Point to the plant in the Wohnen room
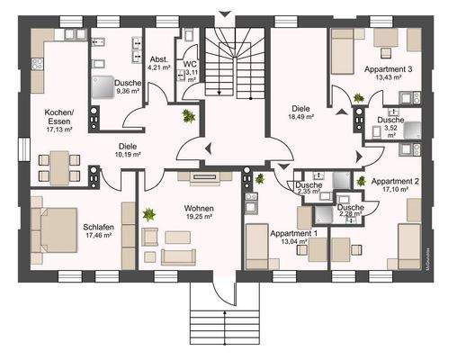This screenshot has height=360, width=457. pyautogui.click(x=148, y=215)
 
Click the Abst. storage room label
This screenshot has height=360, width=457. pyautogui.click(x=159, y=57)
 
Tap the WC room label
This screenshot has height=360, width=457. pyautogui.click(x=190, y=65)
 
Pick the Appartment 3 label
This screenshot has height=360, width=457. pyautogui.click(x=389, y=68)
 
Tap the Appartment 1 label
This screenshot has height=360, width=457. pyautogui.click(x=293, y=233)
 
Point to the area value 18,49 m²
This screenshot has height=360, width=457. pyautogui.click(x=300, y=117)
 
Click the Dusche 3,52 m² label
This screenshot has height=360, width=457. pyautogui.click(x=390, y=121)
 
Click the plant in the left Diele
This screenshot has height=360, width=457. pyautogui.click(x=188, y=115)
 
